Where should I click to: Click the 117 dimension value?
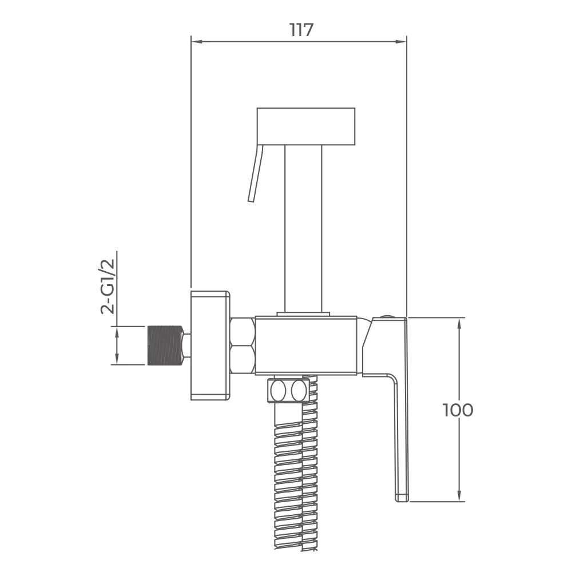coord(301,30)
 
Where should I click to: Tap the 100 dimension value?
coord(458,410)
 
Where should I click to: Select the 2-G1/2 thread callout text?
coord(108,287)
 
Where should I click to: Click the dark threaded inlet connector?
coord(164,345)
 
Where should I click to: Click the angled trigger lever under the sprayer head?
coord(255,173)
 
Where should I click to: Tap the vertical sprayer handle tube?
coord(304,229)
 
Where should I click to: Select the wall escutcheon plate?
coord(210,345)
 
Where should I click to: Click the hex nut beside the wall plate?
coord(243,345)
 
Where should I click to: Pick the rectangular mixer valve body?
coord(305,345)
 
